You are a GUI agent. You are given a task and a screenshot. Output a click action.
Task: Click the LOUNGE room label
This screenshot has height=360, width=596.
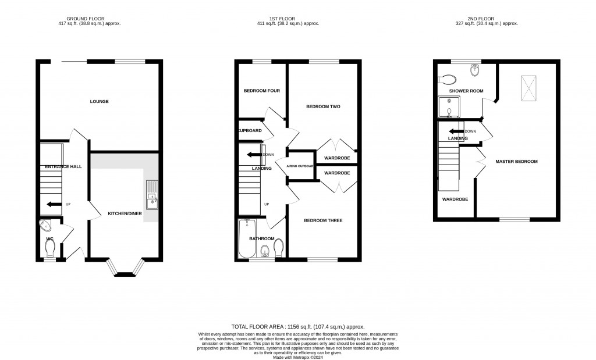99,102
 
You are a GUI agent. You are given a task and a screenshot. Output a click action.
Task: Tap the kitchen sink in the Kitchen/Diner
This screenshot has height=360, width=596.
152,195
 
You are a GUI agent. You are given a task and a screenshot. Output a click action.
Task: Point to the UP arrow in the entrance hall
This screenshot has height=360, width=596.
54,204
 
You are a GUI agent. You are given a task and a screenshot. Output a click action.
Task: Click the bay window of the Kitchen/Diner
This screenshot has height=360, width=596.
124,269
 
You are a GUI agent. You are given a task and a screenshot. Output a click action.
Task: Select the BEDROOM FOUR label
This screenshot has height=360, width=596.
261,91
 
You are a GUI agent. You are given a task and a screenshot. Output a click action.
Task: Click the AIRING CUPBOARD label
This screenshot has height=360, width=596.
300,166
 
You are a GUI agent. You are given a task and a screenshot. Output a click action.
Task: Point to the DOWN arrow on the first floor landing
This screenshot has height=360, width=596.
254,155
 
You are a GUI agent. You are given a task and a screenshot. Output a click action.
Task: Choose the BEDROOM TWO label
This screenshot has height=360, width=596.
323,107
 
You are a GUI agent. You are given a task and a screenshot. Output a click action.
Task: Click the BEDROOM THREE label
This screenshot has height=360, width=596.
323,220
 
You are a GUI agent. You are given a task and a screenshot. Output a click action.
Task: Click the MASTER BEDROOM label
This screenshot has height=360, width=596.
516,161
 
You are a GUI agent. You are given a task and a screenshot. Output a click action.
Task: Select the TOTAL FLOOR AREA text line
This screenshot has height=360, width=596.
298,327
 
